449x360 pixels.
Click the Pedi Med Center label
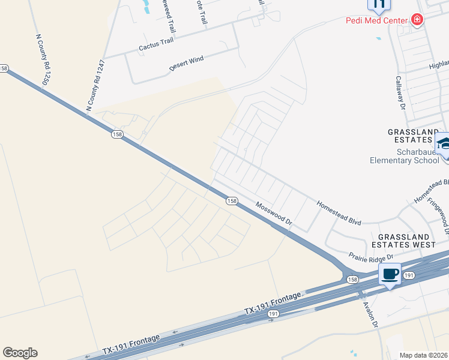[x=377, y=20]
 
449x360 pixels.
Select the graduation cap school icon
[x=444, y=143]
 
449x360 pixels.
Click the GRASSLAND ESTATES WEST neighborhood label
[x=403, y=240]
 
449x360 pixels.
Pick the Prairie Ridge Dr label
[x=372, y=256]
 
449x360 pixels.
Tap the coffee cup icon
[x=390, y=274]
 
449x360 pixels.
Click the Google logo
[x=20, y=353]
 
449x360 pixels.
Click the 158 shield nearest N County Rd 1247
[x=116, y=134]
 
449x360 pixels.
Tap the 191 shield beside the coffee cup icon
[x=409, y=275]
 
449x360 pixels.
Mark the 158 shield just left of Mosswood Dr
[x=232, y=201]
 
